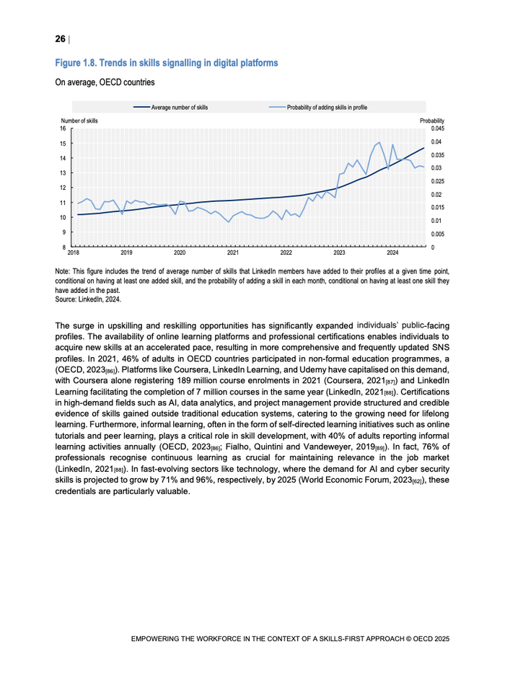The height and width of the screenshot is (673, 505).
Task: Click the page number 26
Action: (x=60, y=38)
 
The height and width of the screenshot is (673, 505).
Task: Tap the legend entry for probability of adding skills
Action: (x=326, y=107)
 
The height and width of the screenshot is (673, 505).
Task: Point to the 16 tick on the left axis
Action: (x=63, y=128)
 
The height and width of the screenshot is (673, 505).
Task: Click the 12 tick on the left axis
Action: (x=63, y=188)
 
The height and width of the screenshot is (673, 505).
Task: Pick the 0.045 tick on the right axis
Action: (x=437, y=128)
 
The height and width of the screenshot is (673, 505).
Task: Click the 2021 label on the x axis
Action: (x=233, y=254)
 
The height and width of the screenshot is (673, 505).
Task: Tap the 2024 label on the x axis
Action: (x=392, y=254)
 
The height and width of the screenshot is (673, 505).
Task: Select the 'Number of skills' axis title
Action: (x=80, y=120)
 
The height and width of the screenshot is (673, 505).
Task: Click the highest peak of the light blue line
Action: (x=379, y=143)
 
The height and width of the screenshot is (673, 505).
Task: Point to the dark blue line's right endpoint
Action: (x=423, y=148)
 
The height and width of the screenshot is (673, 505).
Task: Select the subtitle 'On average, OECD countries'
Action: (x=104, y=83)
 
